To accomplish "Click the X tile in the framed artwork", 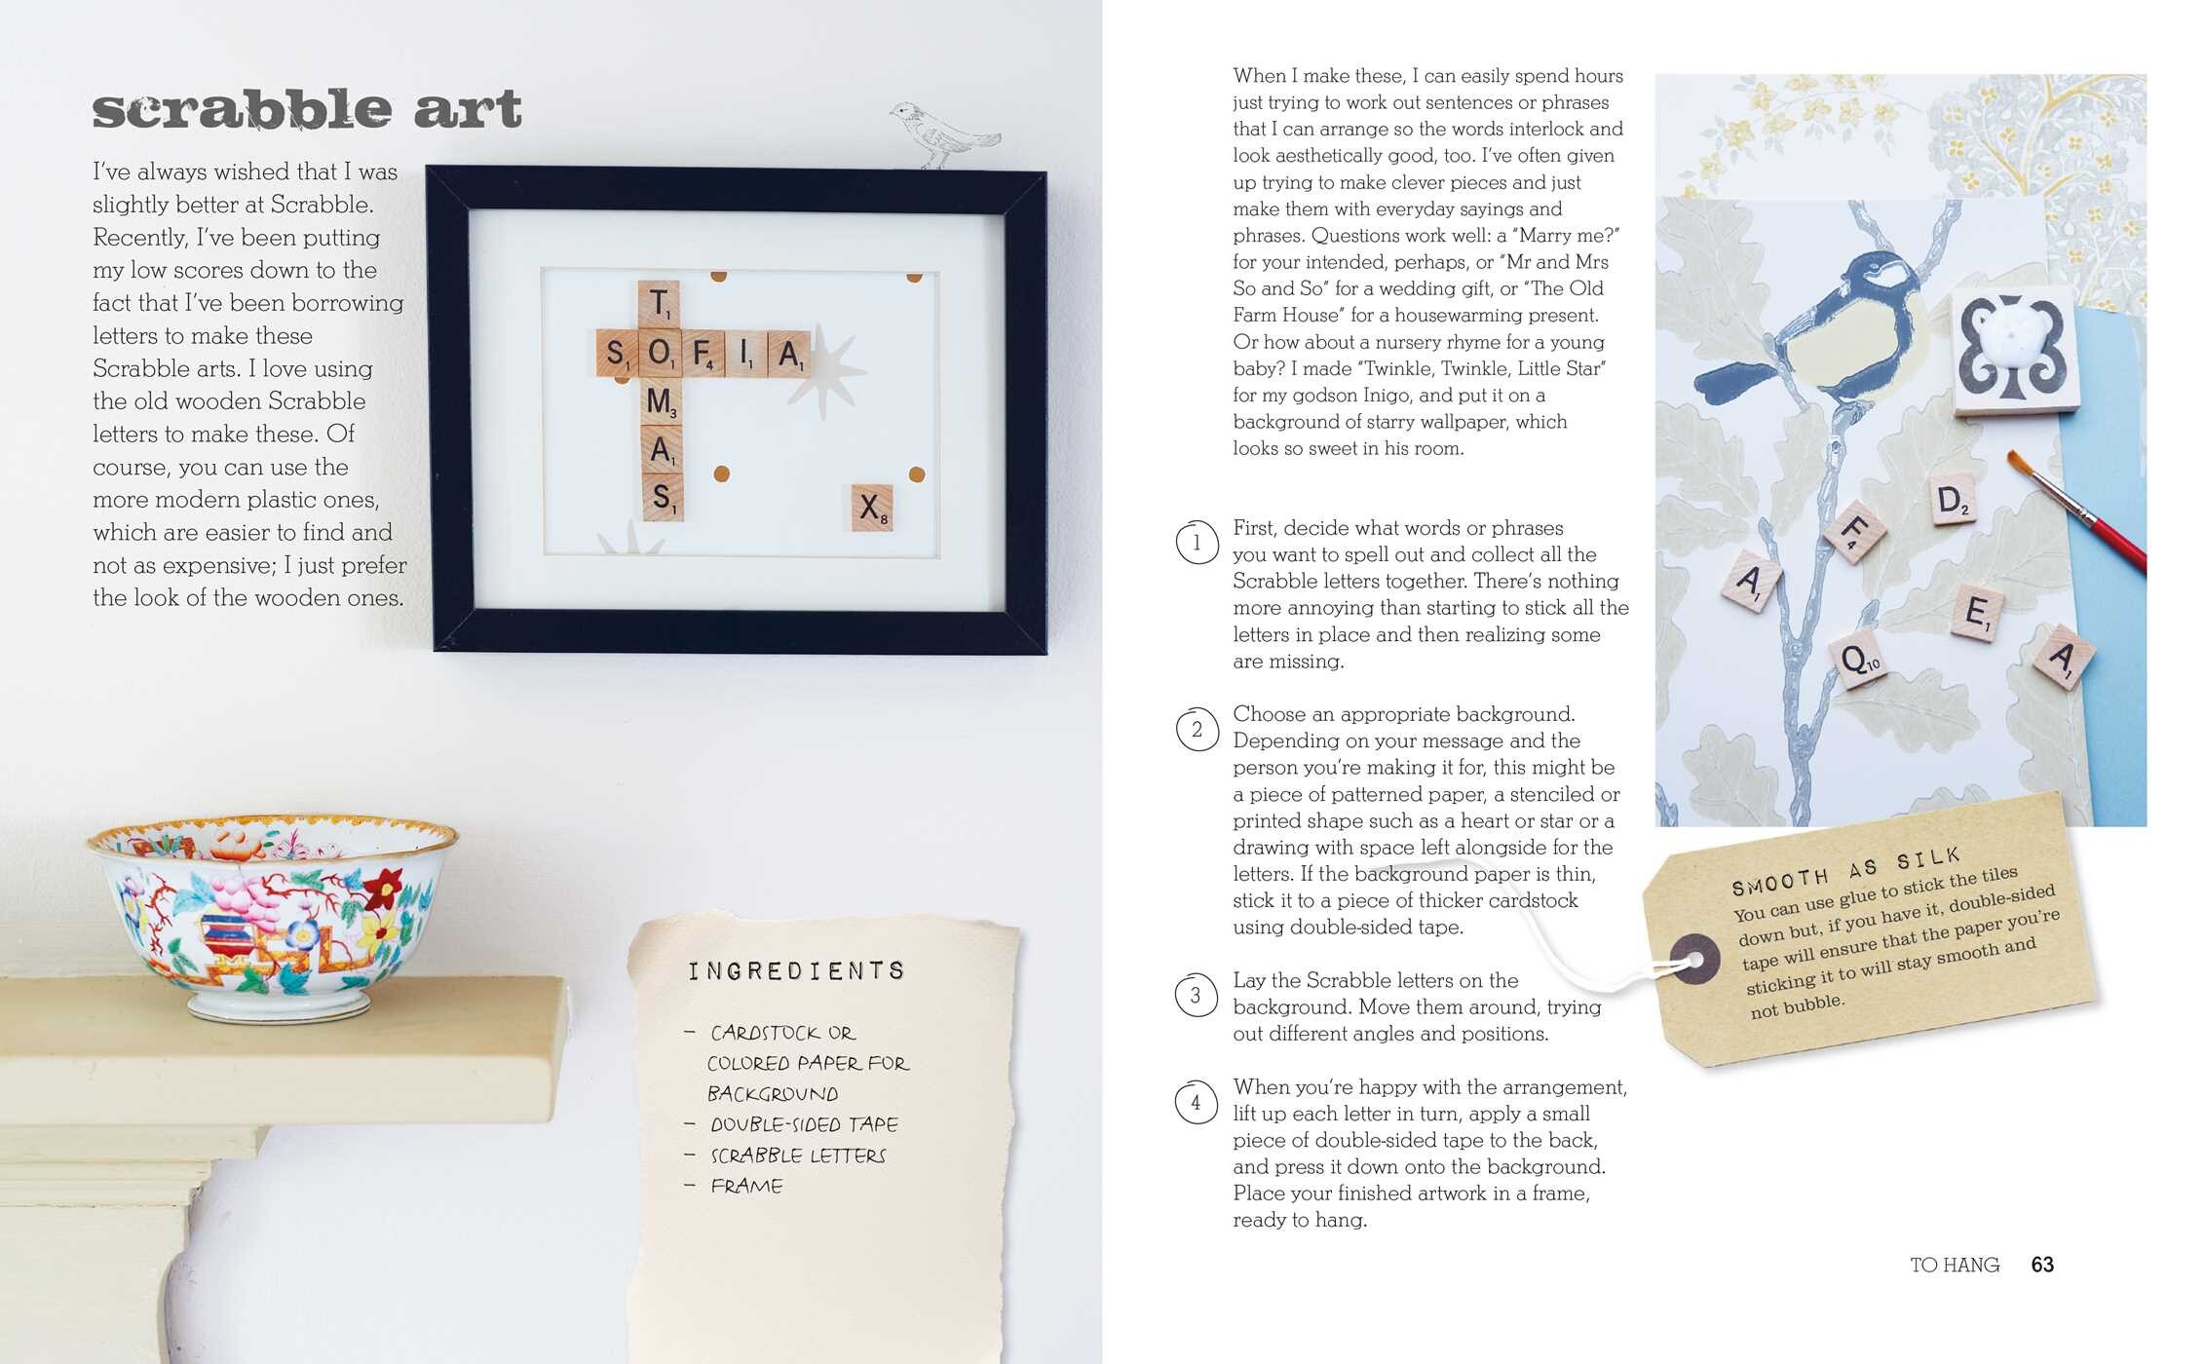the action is (871, 507).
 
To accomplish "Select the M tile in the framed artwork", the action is (661, 401).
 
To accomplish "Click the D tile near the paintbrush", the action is (1952, 503).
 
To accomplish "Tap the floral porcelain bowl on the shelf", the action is (272, 911).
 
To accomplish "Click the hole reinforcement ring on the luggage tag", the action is (1695, 960).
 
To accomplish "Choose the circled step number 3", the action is (1197, 996).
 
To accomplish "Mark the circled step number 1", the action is (1197, 543).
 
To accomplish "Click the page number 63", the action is (2042, 1265).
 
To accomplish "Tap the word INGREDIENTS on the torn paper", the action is (797, 970).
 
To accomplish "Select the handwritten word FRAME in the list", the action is (746, 1186).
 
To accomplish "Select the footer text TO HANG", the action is (1955, 1265).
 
